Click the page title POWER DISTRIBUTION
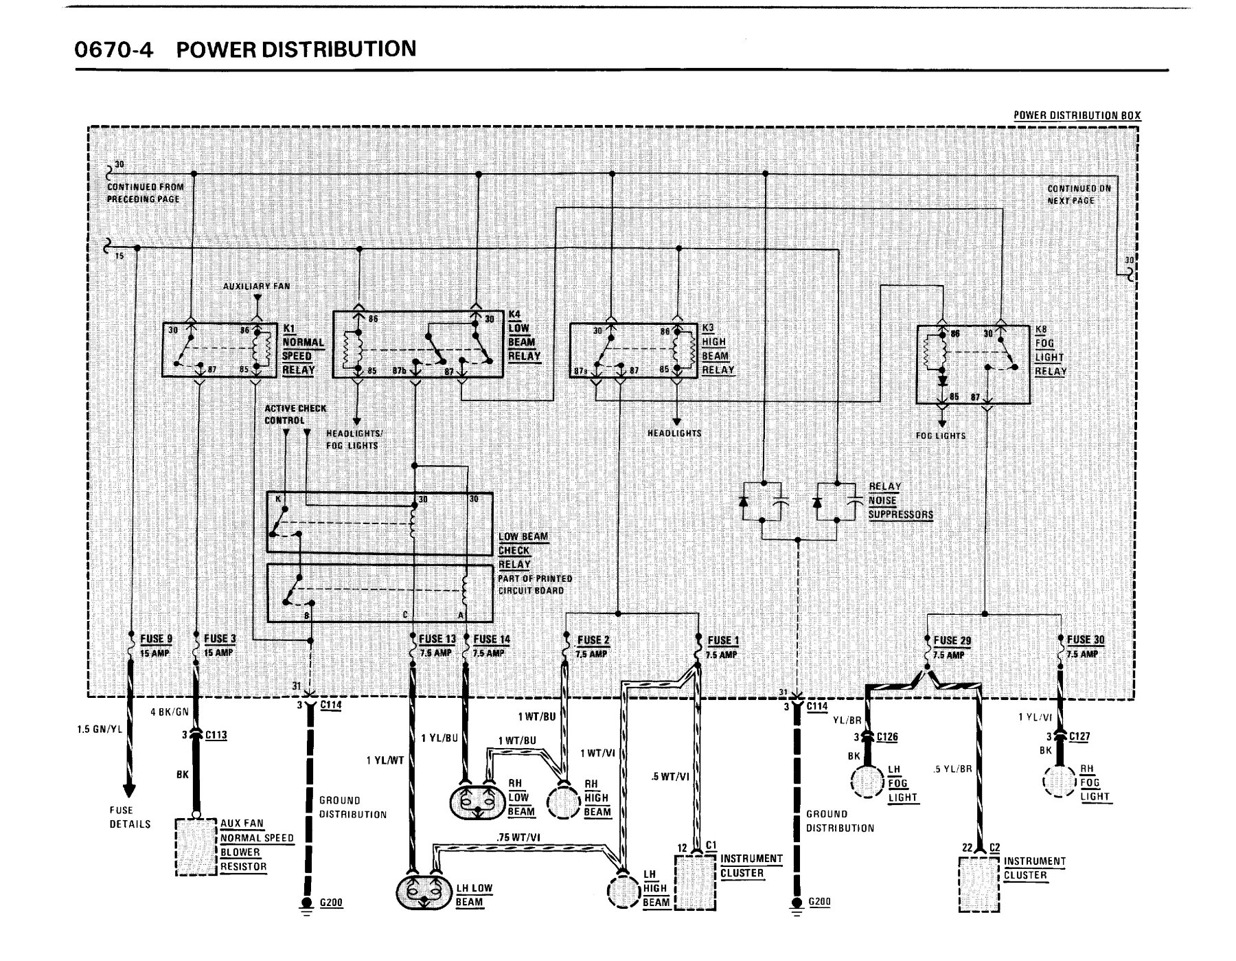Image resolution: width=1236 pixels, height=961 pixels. pyautogui.click(x=296, y=49)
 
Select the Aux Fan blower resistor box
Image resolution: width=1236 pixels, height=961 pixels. pyautogui.click(x=196, y=846)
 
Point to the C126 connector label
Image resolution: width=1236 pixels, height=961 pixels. pyautogui.click(x=888, y=737)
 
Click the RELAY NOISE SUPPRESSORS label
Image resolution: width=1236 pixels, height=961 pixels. pyautogui.click(x=900, y=500)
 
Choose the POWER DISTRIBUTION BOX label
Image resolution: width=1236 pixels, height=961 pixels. pyautogui.click(x=1077, y=115)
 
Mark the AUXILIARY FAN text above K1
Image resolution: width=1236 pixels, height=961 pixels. pyautogui.click(x=256, y=286)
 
